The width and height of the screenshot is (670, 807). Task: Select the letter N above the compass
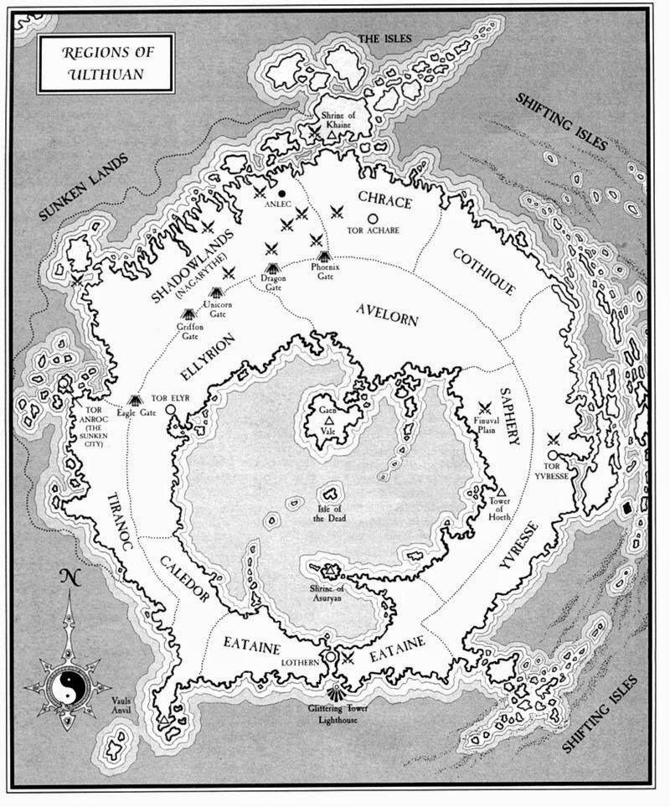point(65,579)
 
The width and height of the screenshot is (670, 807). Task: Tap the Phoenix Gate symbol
point(325,257)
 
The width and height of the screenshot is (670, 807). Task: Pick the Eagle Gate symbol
point(134,401)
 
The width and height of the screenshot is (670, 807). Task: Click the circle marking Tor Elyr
point(171,410)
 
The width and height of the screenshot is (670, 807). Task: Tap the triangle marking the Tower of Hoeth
point(502,492)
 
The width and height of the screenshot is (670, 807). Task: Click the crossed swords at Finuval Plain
point(484,406)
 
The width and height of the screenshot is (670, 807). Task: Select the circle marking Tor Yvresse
point(553,455)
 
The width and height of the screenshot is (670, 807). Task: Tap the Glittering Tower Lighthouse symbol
point(334,694)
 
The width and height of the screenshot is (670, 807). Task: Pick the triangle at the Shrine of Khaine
point(333,134)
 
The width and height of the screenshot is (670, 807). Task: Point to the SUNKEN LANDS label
point(84,188)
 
